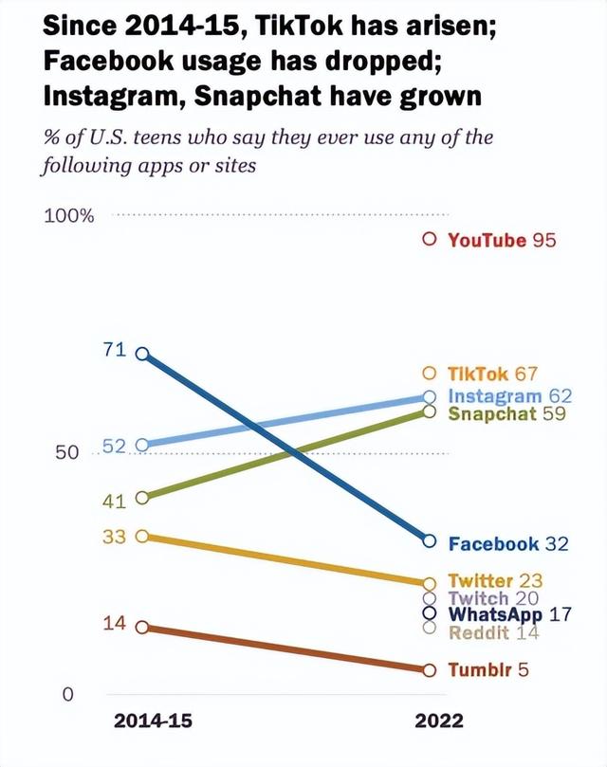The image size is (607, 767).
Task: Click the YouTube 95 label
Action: point(501,240)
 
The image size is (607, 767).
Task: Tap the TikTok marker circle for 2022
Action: point(429,373)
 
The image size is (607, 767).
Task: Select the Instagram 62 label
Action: point(507,395)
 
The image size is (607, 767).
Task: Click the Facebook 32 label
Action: point(507,543)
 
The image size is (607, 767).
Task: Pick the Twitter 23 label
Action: point(493,580)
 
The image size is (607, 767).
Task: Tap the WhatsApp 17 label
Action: point(509,614)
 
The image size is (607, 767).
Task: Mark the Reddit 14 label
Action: point(492,632)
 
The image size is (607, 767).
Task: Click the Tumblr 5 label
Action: point(488,669)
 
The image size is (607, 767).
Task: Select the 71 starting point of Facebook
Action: point(142,353)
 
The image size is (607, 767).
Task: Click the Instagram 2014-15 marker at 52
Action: point(142,445)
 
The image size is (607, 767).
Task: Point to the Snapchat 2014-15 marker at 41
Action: point(142,497)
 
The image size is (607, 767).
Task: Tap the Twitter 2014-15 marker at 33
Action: point(142,536)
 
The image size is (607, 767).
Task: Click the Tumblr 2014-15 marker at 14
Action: point(142,627)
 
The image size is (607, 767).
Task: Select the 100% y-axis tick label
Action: point(69,215)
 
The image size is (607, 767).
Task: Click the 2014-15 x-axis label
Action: point(153,721)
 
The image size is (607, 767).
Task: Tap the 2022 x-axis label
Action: point(439,721)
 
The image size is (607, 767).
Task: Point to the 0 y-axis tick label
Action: point(67,695)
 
